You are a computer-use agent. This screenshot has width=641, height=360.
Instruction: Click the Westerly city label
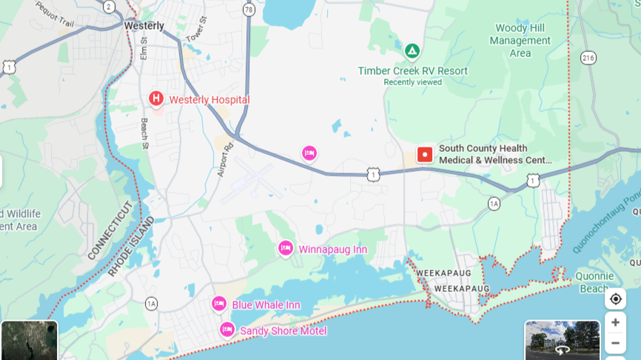coord(144,25)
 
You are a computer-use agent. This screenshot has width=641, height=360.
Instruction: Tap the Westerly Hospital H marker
coord(156,99)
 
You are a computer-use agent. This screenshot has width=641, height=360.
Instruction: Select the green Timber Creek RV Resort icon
coord(412,52)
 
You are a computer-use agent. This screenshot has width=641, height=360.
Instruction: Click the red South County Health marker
coord(425,154)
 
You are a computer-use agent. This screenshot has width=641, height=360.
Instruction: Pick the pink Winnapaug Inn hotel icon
coord(286,248)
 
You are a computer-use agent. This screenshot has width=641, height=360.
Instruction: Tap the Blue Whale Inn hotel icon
coord(218,304)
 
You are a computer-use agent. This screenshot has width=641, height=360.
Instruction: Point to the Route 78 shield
coord(248,10)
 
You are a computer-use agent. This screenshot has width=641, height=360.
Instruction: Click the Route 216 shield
coord(588,57)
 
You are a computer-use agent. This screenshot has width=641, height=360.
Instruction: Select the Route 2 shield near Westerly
coord(110,7)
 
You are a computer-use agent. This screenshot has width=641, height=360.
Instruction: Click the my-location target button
coord(615,299)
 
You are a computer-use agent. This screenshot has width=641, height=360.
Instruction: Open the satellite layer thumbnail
coord(29,340)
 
